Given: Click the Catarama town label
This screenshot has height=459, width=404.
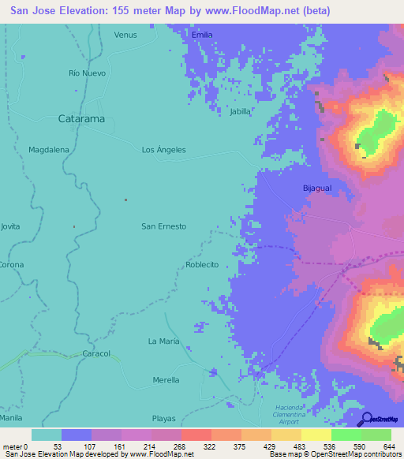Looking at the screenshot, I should [x=82, y=119].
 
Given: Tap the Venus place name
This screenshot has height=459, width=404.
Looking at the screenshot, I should [x=125, y=35].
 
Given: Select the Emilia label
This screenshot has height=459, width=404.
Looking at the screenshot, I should [x=203, y=35].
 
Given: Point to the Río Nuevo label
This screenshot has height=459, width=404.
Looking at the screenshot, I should [x=87, y=73].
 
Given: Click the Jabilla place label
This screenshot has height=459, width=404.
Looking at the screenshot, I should [x=240, y=112].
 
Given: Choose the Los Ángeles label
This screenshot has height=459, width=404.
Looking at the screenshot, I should [x=163, y=149].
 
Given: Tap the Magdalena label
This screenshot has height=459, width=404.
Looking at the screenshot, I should [x=49, y=149].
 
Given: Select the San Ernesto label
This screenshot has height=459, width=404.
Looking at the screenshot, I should [x=163, y=226].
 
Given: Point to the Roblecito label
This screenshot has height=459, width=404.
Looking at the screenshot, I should [x=202, y=265].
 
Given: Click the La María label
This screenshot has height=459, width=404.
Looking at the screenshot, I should [x=164, y=341].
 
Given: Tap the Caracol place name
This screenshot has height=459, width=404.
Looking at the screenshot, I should [x=96, y=353].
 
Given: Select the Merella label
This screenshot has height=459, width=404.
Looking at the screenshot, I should [x=166, y=380].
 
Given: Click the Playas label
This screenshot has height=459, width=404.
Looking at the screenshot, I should [x=163, y=418].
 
